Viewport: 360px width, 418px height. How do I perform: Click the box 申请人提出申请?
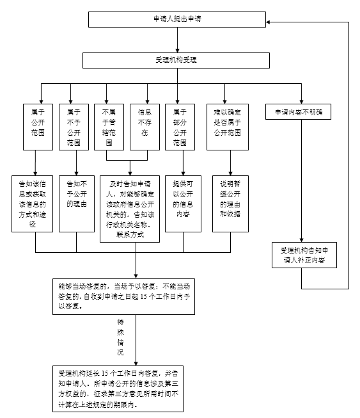tap(176, 19)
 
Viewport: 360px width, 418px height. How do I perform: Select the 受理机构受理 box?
tap(176, 60)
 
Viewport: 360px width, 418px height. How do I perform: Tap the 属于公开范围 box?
tap(38, 127)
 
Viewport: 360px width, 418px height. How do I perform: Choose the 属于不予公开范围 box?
tap(74, 127)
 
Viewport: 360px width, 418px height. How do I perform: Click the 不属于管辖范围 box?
tap(108, 127)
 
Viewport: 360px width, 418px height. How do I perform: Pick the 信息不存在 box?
tap(144, 127)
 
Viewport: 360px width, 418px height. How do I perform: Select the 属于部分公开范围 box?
tap(180, 127)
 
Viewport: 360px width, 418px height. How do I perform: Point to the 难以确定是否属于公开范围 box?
tap(227, 127)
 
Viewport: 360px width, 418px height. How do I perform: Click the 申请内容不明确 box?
tap(299, 112)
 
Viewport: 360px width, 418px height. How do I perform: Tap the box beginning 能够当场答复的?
tap(126, 295)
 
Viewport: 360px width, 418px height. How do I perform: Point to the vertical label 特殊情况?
tap(120, 337)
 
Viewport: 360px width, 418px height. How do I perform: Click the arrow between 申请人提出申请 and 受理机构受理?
tap(176, 40)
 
